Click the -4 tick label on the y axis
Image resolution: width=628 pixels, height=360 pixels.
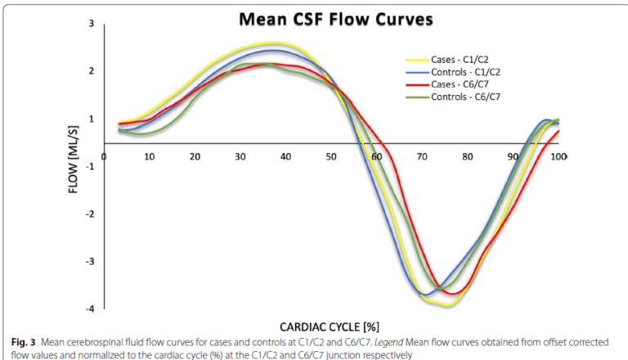click(88, 308)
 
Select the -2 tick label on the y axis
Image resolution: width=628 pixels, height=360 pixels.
click(88, 214)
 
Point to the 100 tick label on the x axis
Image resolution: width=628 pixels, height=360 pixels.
click(559, 155)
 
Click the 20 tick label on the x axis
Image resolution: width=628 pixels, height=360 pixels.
click(195, 155)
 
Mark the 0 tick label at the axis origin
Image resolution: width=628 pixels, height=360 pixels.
click(104, 155)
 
